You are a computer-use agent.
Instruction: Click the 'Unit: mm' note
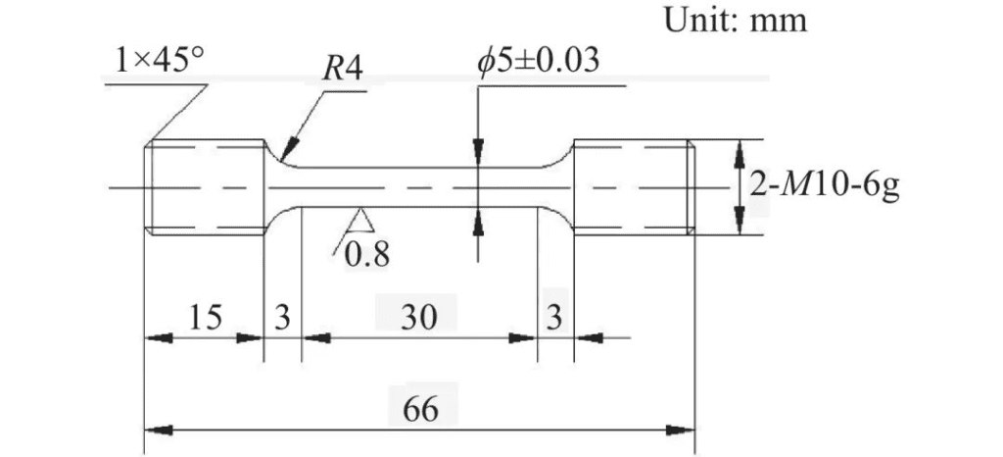click(736, 20)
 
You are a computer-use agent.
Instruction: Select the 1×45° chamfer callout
click(160, 62)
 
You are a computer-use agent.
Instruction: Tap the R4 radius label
click(342, 68)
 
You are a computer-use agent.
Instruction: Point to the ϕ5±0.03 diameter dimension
click(538, 61)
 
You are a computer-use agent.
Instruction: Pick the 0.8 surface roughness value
click(366, 255)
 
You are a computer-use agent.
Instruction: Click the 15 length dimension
click(206, 316)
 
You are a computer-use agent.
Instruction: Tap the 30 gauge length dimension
click(418, 316)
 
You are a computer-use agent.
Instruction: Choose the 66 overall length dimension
click(421, 408)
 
